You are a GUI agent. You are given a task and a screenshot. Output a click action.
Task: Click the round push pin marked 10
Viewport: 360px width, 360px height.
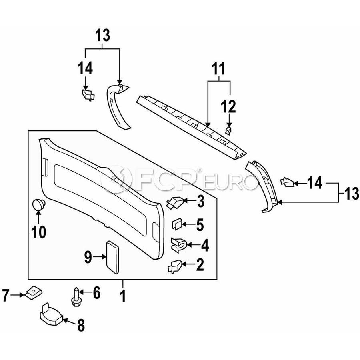coord(38,204)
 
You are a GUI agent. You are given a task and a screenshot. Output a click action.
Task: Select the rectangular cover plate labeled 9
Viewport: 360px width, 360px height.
coord(112,257)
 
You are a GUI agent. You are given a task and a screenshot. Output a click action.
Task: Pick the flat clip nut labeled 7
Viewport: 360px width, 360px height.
coord(33,293)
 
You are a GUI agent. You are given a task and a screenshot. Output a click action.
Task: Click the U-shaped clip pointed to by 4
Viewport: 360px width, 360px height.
coord(179,245)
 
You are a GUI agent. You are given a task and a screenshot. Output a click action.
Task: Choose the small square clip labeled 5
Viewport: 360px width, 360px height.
coord(177,224)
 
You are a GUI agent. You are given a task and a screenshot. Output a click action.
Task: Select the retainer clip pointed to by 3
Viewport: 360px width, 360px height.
coord(175,203)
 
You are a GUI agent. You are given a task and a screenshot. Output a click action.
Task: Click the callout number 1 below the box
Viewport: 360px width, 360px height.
coord(123,296)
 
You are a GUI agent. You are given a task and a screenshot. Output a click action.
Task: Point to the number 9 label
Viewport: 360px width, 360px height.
coord(88,257)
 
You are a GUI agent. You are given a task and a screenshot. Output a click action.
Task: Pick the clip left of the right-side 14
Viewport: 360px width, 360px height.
coord(287,182)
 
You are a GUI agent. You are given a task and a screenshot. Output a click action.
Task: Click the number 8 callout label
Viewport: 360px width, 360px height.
coord(81,325)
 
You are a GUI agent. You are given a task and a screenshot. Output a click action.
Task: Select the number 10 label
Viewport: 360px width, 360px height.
coord(39,232)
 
